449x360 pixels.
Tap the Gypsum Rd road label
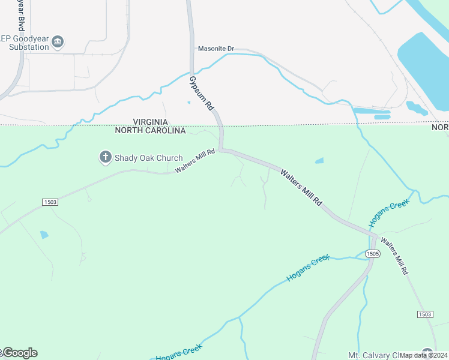pos(202,92)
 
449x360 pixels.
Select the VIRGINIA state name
pos(150,122)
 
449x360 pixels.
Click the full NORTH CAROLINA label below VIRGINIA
pos(150,130)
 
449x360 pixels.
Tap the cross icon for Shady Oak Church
pos(105,158)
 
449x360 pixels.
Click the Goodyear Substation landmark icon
pos(58,41)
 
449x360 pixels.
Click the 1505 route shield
pos(372,254)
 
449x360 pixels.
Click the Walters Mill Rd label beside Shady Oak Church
pos(195,161)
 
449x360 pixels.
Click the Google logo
pos(20,353)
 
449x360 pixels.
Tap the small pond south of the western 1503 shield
pos(44,235)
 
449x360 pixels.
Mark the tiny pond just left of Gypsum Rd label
pos(189,102)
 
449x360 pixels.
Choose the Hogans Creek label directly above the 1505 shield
pos(388,213)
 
